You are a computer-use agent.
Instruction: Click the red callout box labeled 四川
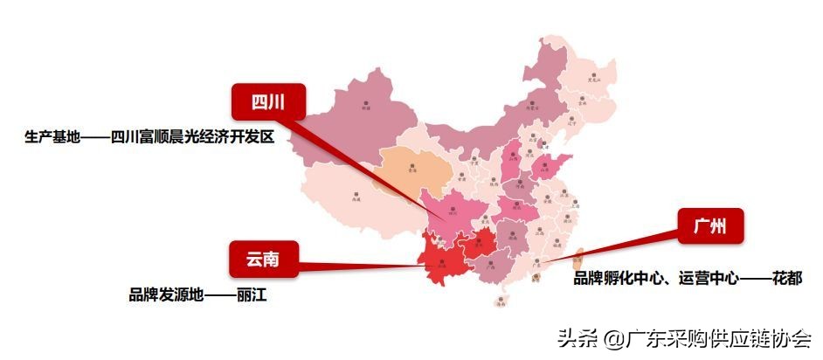click(268, 102)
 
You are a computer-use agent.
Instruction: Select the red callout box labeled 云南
click(264, 258)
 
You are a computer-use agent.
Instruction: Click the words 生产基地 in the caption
click(52, 137)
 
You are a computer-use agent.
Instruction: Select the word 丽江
click(250, 295)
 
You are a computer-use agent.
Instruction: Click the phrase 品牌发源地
click(165, 295)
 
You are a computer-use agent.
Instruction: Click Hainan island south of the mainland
click(501, 301)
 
